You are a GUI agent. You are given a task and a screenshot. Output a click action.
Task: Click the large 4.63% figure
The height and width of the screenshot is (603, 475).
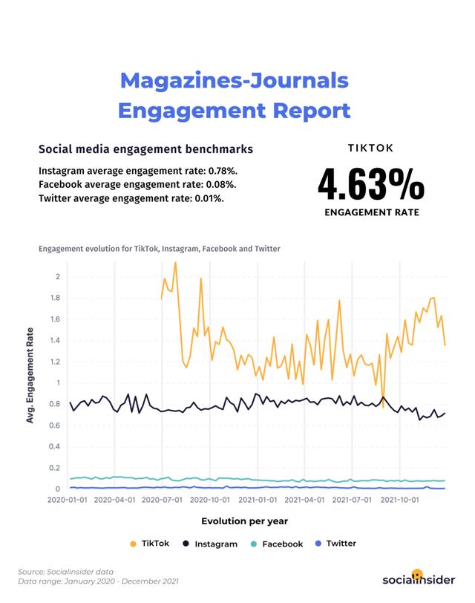[x=371, y=186]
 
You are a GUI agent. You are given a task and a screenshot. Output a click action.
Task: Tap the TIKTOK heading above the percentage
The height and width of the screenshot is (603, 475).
[x=371, y=148]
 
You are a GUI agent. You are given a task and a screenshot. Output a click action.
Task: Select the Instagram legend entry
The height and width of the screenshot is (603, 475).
[x=211, y=544]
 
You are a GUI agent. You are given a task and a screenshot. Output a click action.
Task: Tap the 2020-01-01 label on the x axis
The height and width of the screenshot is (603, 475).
[x=68, y=501]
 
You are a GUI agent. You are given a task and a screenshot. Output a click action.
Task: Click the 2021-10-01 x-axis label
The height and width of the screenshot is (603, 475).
[x=401, y=501]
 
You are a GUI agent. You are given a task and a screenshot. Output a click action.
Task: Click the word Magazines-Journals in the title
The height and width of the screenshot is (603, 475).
[x=234, y=80]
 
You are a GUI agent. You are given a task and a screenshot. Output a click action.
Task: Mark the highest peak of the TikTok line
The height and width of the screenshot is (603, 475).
[x=175, y=262]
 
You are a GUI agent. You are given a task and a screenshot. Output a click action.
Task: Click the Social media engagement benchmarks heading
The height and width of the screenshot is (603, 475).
[x=145, y=149]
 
